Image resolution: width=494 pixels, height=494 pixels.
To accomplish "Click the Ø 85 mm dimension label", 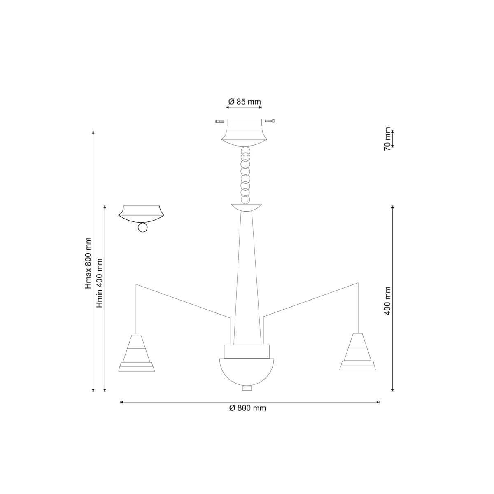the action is point(244,102).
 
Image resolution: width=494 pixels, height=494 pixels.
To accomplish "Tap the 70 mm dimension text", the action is point(388,139).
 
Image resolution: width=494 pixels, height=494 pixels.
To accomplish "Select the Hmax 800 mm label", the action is point(89,263).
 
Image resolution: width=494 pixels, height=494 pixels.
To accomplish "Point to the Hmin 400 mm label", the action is point(100,283).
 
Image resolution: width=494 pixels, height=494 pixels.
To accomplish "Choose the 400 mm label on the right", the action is point(387,301).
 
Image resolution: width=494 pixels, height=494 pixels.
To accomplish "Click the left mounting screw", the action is point(219,121).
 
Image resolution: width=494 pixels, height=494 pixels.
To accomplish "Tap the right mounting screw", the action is point(270,121).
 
